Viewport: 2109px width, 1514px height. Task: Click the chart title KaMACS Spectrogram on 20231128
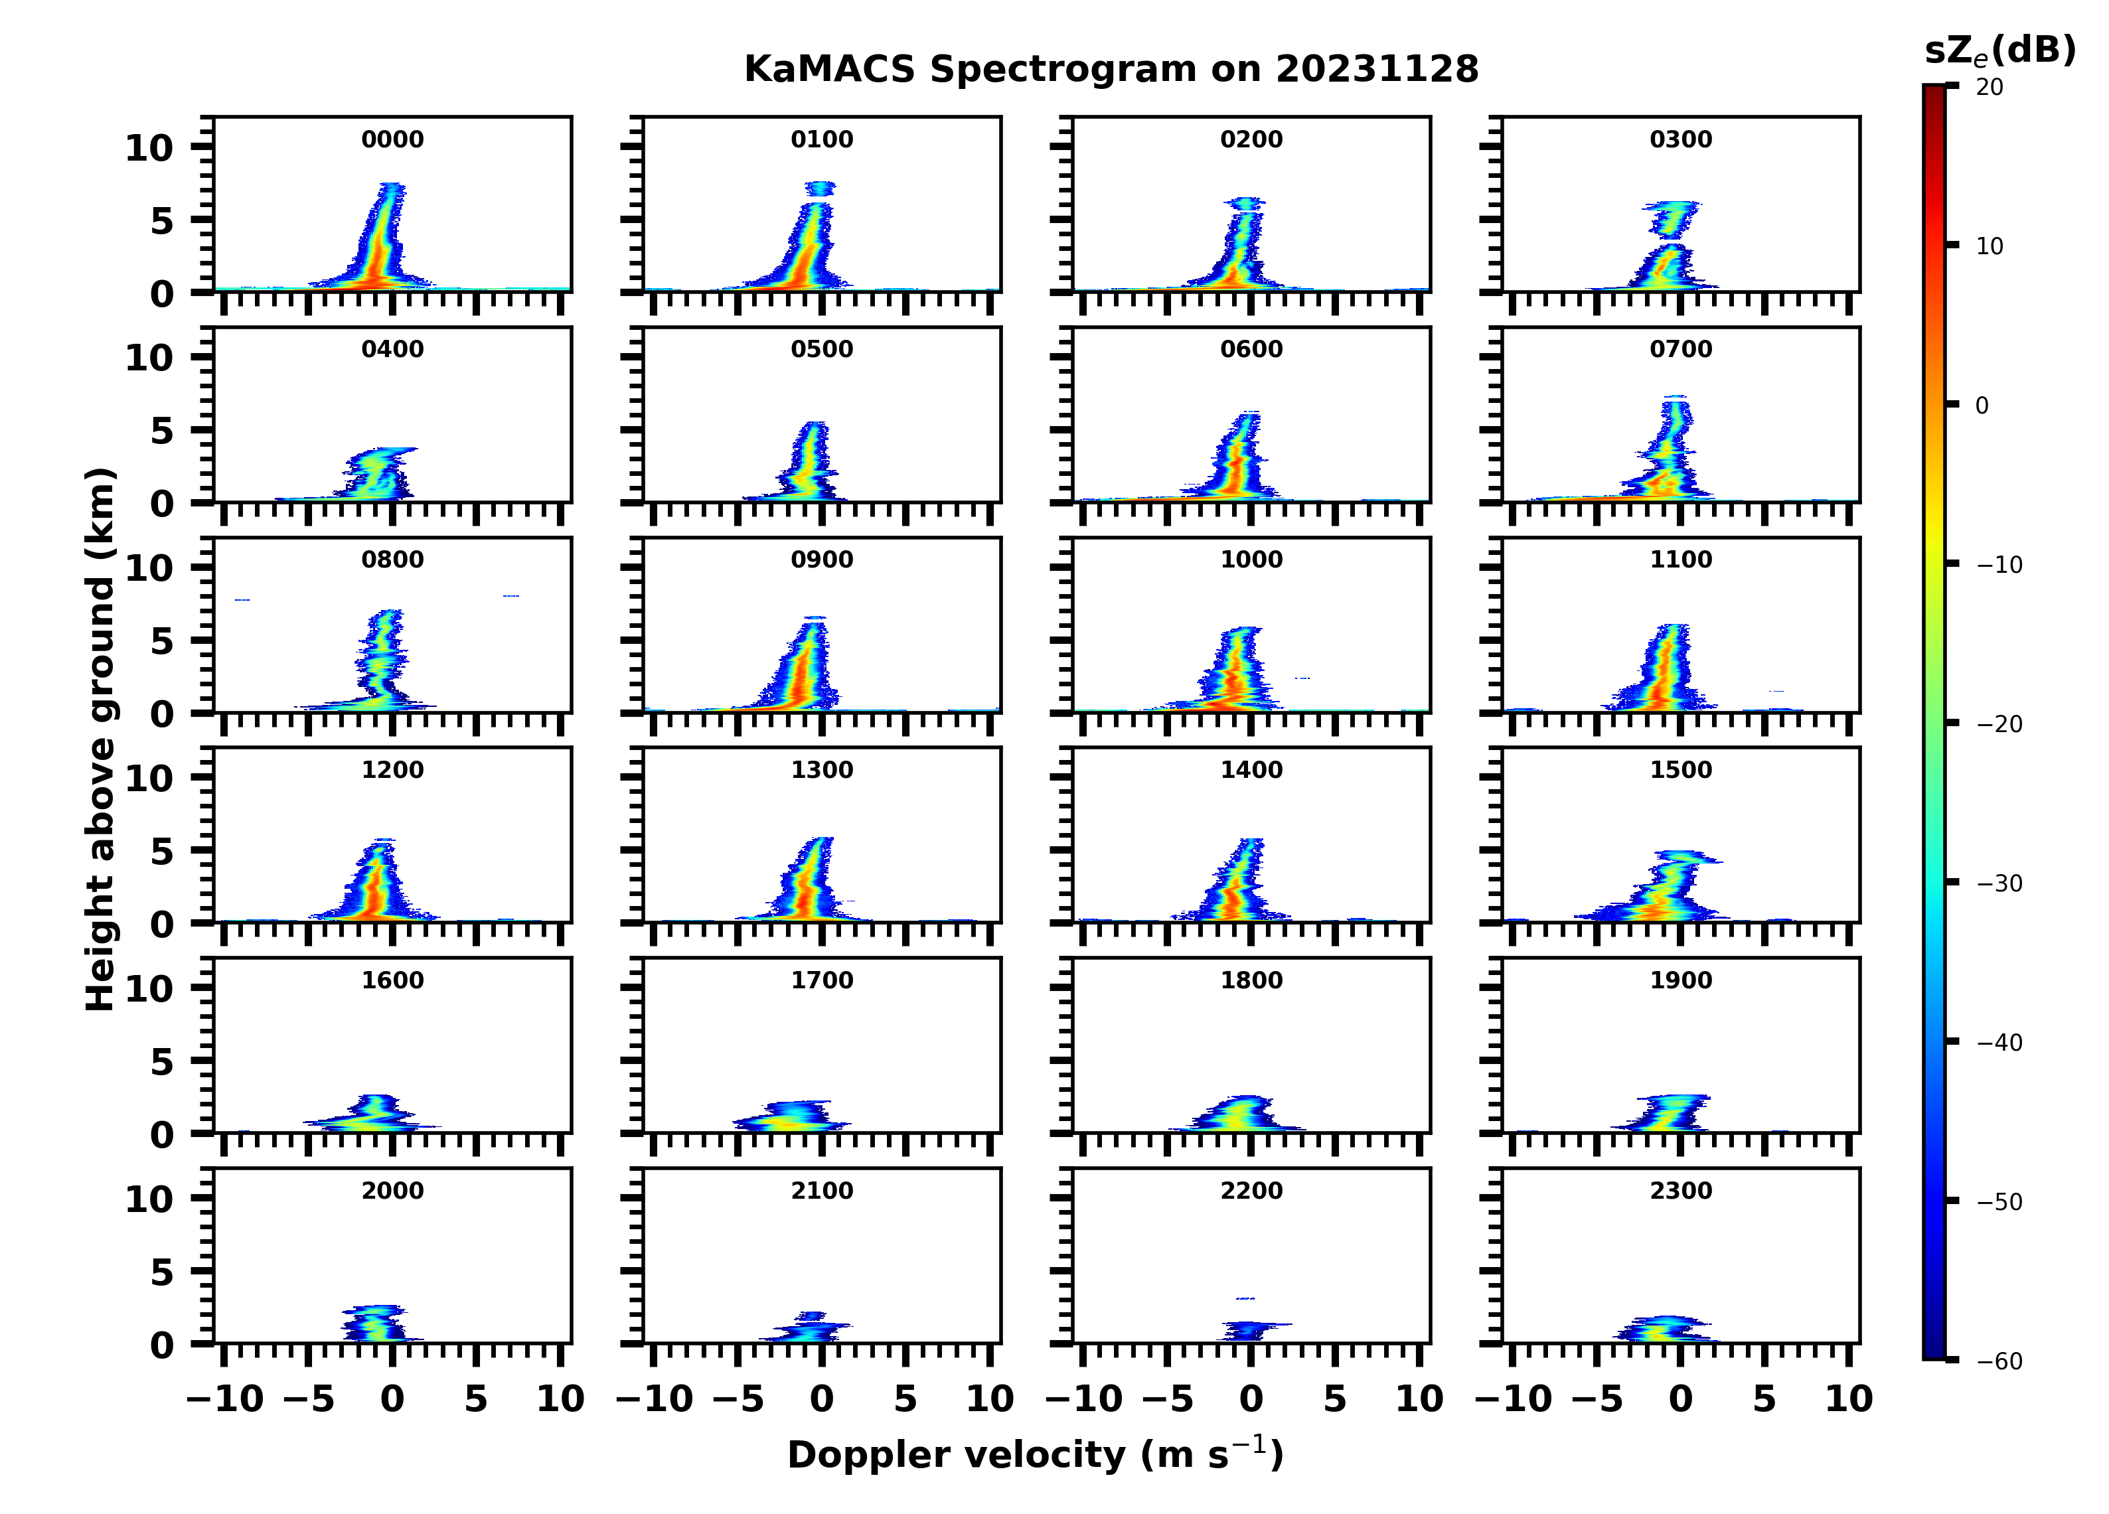click(1111, 69)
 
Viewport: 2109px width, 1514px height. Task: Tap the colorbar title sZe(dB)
click(2000, 50)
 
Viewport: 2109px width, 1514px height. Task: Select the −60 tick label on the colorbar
click(1999, 1361)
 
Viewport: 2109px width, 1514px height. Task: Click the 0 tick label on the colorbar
click(1982, 406)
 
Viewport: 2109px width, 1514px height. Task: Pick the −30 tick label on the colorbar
click(1999, 883)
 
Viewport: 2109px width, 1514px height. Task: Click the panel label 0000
click(392, 139)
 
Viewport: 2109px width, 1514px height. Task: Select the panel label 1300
click(822, 770)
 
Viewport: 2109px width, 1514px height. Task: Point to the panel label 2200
click(1251, 1190)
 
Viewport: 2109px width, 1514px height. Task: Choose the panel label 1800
click(1251, 980)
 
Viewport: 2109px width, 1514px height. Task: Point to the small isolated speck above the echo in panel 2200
click(1244, 1298)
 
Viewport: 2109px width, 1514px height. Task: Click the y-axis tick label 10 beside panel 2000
click(149, 1199)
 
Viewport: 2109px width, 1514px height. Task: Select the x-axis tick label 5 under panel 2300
click(1764, 1399)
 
